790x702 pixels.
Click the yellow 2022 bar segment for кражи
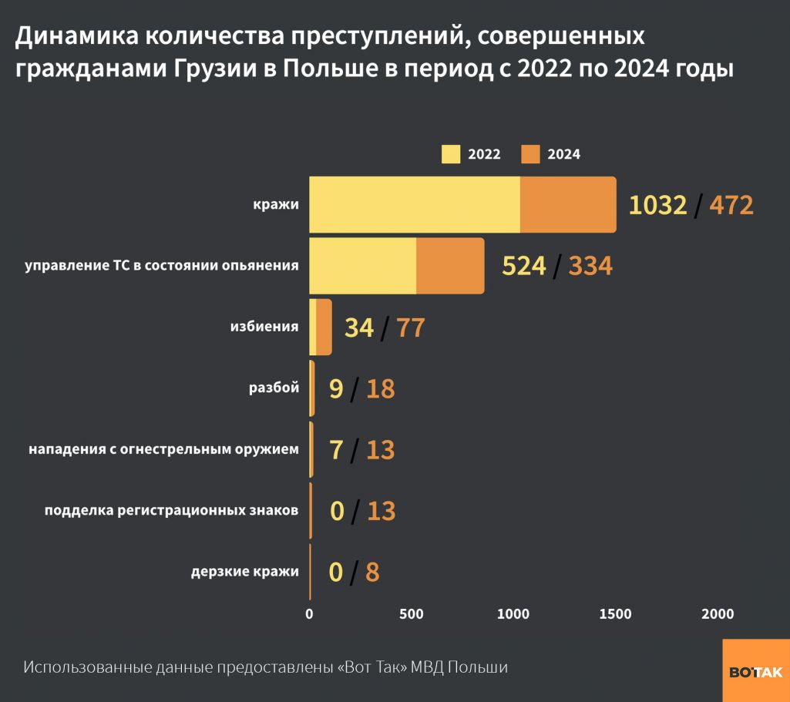point(415,204)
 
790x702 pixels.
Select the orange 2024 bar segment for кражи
point(568,204)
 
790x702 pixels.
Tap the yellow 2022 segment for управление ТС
point(362,266)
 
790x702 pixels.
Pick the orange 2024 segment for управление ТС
point(450,266)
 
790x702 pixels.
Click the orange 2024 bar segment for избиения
point(324,327)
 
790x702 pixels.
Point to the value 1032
point(657,205)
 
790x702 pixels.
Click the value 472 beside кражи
point(731,205)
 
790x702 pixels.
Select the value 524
point(524,266)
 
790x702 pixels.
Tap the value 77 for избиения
point(410,327)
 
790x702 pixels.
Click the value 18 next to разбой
point(380,388)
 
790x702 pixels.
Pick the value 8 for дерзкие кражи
point(372,573)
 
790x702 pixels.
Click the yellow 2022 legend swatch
point(451,153)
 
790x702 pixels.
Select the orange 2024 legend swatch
point(531,153)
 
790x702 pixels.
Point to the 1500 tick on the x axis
point(615,614)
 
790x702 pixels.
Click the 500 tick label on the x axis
point(412,614)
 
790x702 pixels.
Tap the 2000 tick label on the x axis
point(718,614)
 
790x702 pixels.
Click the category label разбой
point(274,388)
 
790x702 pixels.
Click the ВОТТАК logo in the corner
point(755,671)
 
